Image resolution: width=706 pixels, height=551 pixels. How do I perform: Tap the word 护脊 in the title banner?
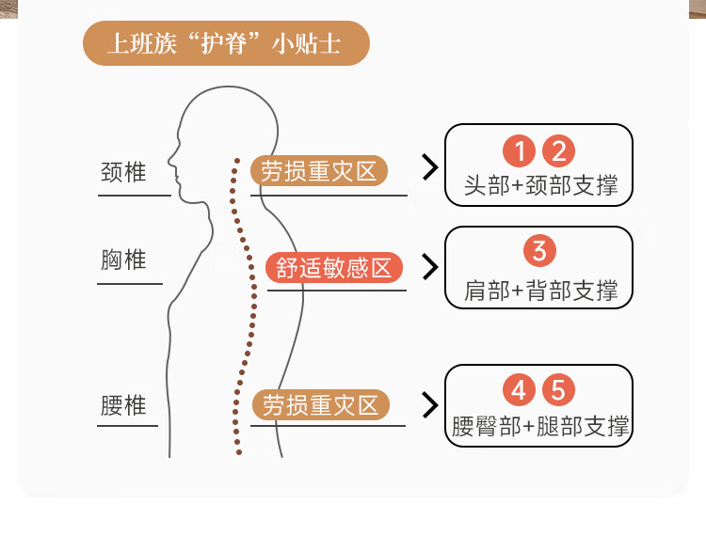(x=227, y=45)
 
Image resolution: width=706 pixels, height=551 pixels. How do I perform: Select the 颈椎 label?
(x=123, y=173)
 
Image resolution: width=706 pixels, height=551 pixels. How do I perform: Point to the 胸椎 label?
(x=123, y=260)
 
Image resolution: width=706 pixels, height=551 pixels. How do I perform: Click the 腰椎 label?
(x=123, y=405)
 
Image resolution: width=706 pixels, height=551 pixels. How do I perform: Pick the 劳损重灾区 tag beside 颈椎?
(x=319, y=171)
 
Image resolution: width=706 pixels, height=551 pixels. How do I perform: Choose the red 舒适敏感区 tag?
(x=334, y=268)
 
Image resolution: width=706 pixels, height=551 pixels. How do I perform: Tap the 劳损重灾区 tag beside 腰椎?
(x=320, y=405)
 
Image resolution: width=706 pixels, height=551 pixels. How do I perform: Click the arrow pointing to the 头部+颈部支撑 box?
(x=430, y=168)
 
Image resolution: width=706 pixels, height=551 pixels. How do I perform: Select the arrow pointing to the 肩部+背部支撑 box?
(x=430, y=267)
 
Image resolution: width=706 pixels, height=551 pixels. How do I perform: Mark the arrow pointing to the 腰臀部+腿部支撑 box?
(x=430, y=405)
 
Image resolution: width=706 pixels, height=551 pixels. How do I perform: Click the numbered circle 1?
(x=519, y=151)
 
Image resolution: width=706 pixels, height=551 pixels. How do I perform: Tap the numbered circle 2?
(x=558, y=151)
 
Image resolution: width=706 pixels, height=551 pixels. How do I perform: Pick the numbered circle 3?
(x=539, y=251)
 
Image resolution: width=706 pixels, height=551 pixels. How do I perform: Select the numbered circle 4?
(x=519, y=389)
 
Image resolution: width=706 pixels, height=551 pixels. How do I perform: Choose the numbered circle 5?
(x=558, y=389)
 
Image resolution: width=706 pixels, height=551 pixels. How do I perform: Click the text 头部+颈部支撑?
(x=540, y=185)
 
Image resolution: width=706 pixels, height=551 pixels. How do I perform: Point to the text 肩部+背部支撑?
(x=540, y=291)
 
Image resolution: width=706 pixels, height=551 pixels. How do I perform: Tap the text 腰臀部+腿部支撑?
(x=540, y=427)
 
